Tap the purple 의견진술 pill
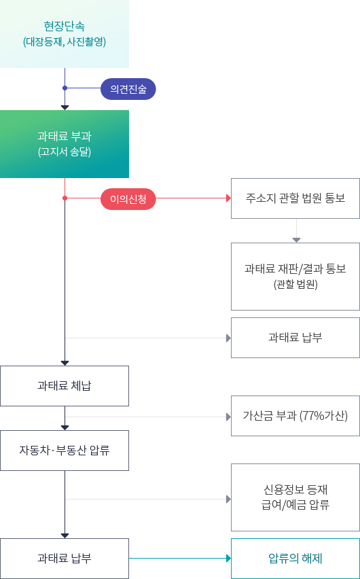[128, 89]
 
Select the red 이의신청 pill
[128, 198]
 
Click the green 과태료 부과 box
[65, 143]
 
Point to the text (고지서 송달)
[65, 152]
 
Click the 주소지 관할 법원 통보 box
[295, 198]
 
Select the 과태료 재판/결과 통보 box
[295, 276]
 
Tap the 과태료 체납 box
[65, 386]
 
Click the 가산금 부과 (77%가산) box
[295, 416]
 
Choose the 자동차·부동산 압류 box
[65, 450]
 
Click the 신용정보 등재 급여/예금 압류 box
[295, 497]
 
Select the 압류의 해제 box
[295, 559]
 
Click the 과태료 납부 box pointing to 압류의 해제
[65, 559]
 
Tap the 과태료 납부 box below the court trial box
[295, 338]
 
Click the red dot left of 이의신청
[65, 198]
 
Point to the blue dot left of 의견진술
[65, 88]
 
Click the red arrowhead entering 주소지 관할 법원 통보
[228, 198]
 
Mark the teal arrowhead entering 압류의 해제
[228, 559]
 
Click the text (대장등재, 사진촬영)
[65, 41]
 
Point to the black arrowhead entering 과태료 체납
[65, 363]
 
